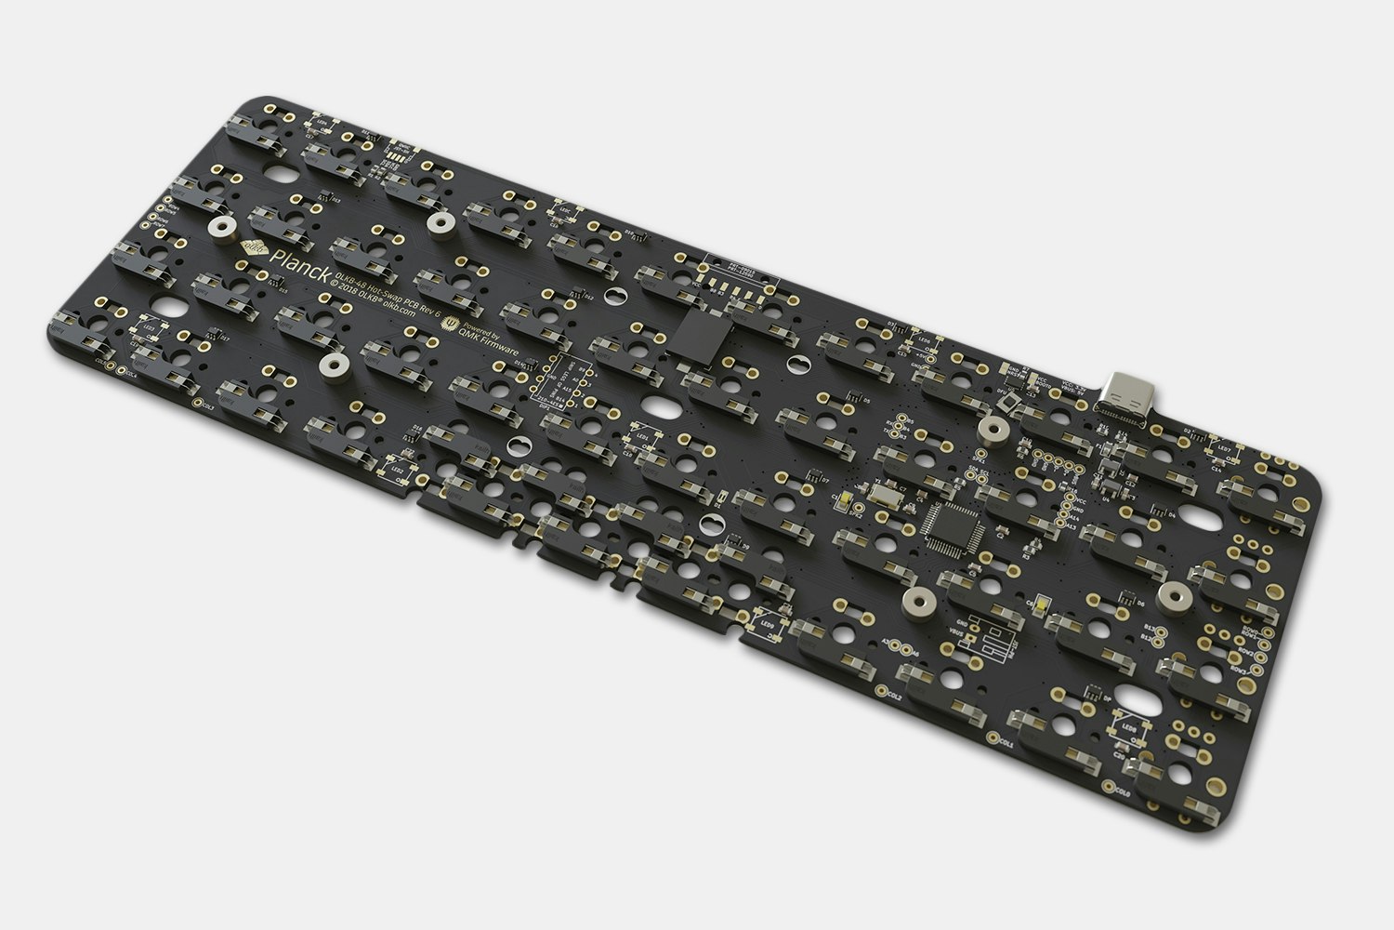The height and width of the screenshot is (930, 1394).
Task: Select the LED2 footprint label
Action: click(398, 471)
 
